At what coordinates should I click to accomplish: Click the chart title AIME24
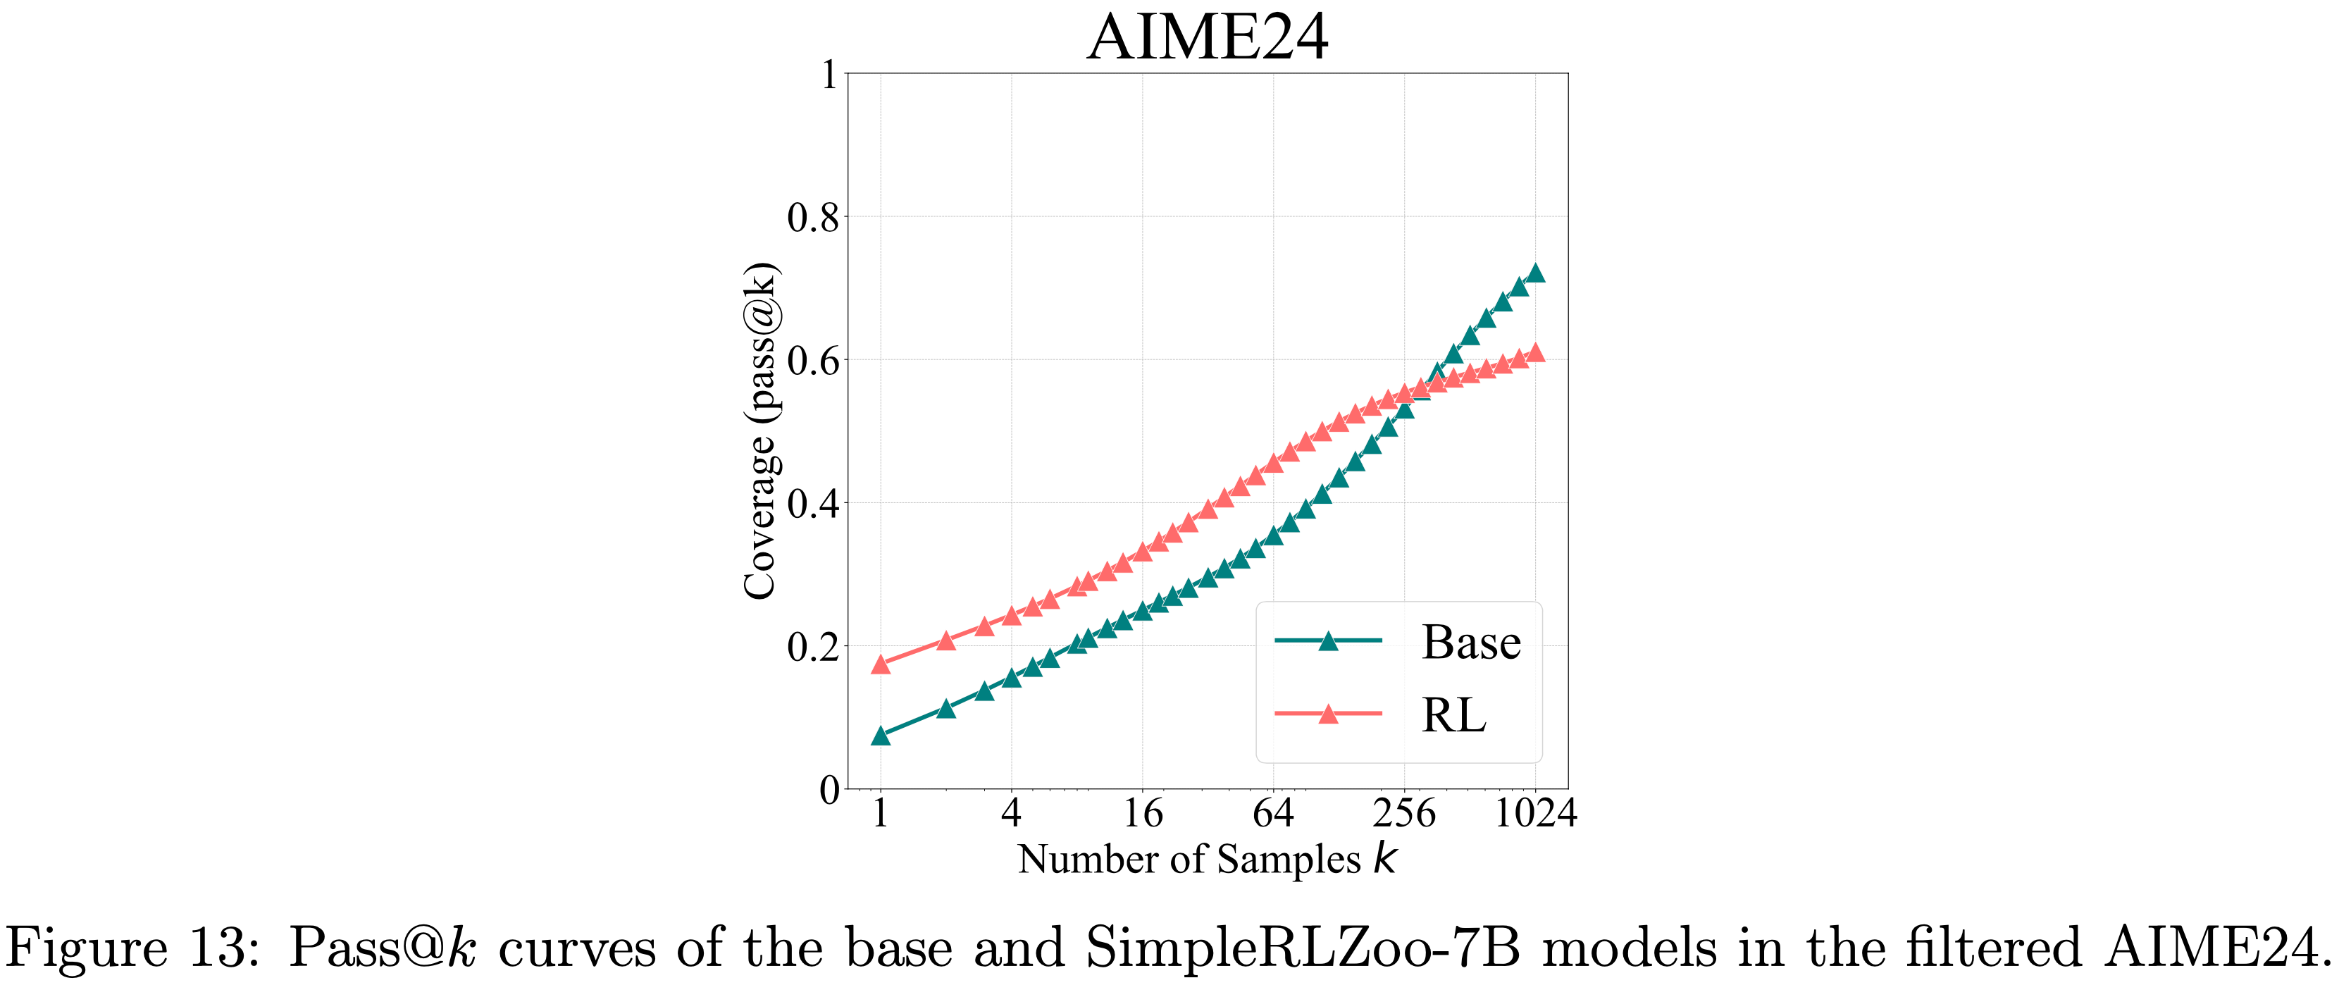click(1207, 37)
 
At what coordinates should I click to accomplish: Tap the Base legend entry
click(1470, 643)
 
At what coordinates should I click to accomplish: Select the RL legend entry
click(1453, 715)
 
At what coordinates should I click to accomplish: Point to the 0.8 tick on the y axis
click(812, 218)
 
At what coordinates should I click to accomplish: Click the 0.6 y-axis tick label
click(812, 361)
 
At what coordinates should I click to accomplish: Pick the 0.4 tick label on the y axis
click(812, 504)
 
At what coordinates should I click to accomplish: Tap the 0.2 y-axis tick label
click(812, 648)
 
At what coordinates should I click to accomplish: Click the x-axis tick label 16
click(1142, 813)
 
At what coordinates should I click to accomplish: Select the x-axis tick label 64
click(1273, 813)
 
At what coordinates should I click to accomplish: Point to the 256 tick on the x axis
click(1404, 813)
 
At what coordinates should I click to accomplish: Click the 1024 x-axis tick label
click(1535, 813)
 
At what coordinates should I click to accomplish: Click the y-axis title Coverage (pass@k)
click(760, 431)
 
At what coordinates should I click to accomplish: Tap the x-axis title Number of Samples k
click(1207, 860)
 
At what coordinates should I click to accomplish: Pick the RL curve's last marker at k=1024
click(1535, 353)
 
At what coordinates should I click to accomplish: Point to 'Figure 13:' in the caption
click(132, 948)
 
